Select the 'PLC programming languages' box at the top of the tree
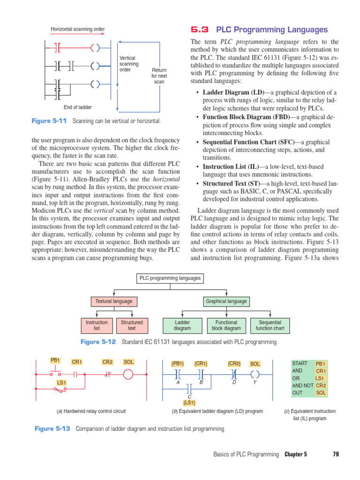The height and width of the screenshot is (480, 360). point(170,278)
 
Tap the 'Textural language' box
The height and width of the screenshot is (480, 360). point(113,301)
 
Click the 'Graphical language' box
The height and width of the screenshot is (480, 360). point(226,301)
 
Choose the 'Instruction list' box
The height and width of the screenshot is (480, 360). point(97,325)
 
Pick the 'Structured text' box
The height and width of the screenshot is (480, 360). point(132,325)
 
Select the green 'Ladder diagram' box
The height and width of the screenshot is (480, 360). point(182,325)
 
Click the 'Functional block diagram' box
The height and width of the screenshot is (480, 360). point(226,325)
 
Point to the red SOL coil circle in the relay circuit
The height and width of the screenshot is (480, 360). point(128,374)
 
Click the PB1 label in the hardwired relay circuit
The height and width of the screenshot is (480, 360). point(55,360)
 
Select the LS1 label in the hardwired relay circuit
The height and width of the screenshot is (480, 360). point(61,383)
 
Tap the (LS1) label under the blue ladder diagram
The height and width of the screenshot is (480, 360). point(189,402)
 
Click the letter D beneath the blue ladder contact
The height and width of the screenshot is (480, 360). point(233,382)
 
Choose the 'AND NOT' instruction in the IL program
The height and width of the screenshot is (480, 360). point(302,385)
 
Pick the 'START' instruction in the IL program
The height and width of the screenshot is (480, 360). point(300,363)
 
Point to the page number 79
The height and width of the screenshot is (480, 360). point(336,454)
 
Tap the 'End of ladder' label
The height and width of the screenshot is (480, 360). point(78,107)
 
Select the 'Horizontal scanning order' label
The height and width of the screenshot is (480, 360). point(78,30)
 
